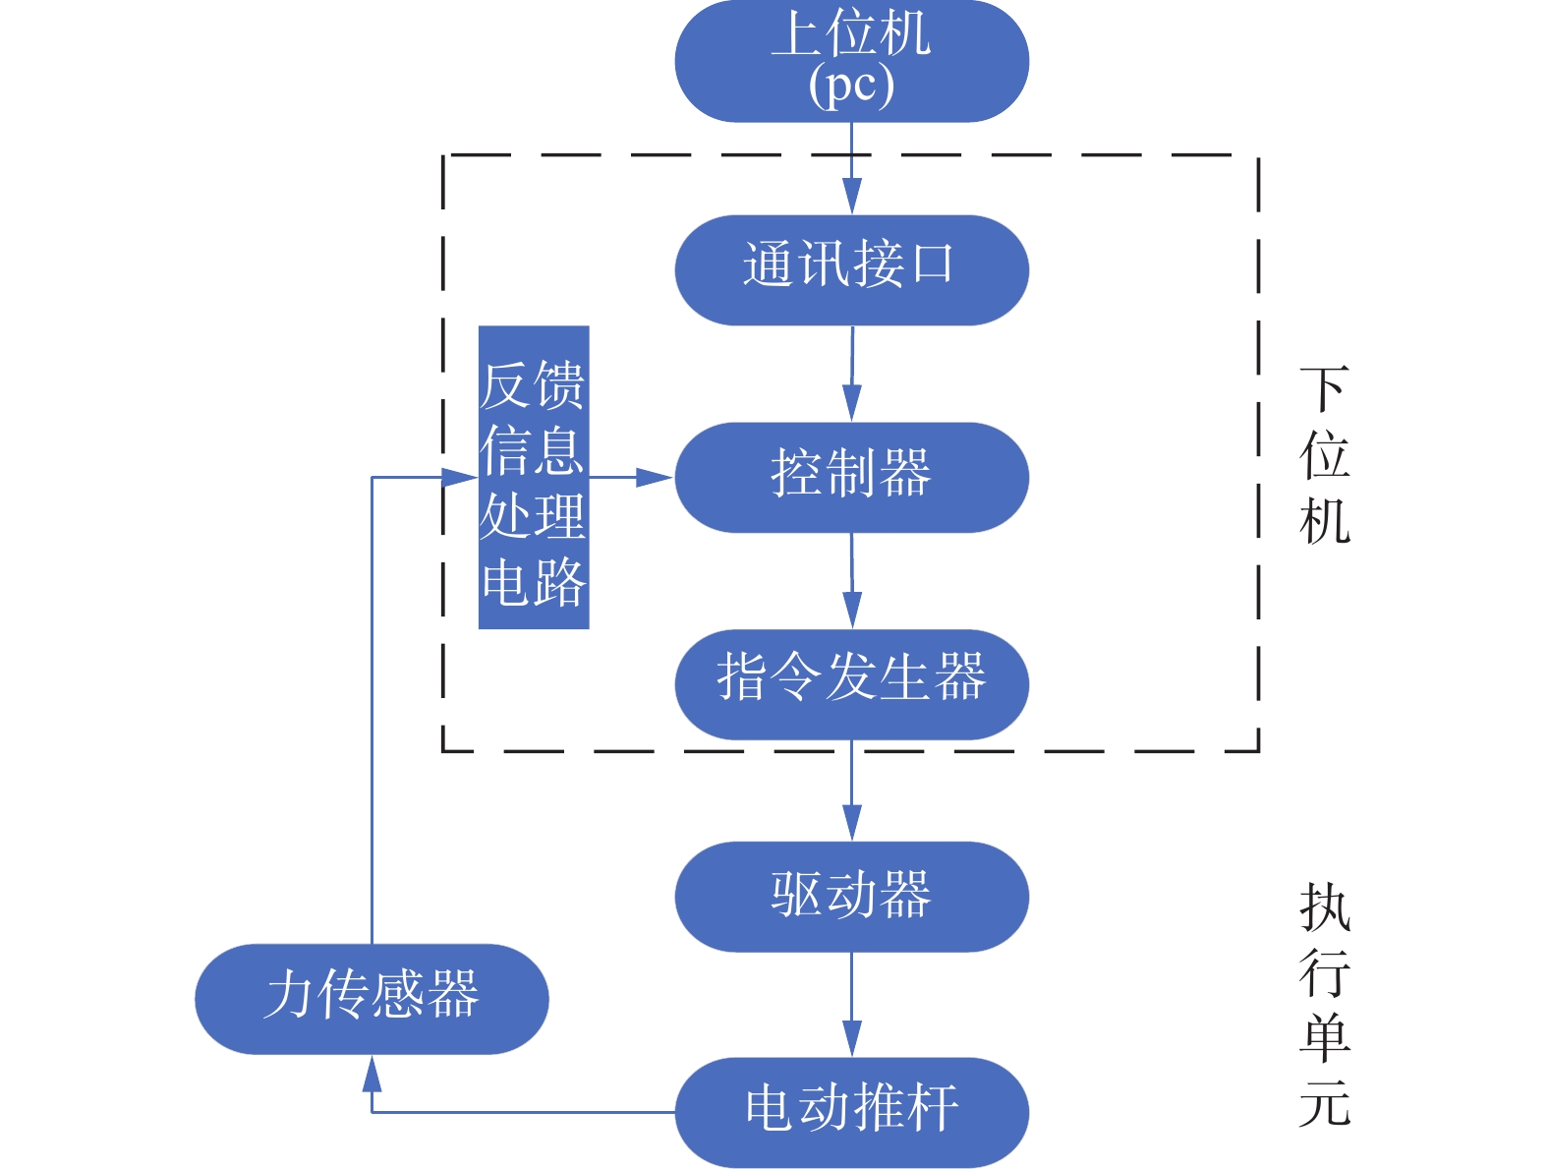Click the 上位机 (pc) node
(x=851, y=61)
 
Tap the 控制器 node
(x=851, y=477)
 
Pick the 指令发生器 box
(x=851, y=683)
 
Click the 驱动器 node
(x=851, y=896)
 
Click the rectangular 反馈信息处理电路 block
(x=534, y=477)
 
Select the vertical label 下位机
(x=1324, y=455)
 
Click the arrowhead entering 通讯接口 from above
(x=852, y=197)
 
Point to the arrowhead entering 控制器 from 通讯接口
(x=852, y=404)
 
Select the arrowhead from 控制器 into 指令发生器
(x=852, y=611)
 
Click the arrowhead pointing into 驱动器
(x=852, y=823)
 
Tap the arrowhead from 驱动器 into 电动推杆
(x=852, y=1039)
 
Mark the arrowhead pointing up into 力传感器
(x=372, y=1074)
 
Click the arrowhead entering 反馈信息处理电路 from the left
(x=460, y=478)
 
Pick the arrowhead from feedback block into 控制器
(x=655, y=478)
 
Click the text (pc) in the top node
(x=851, y=87)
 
